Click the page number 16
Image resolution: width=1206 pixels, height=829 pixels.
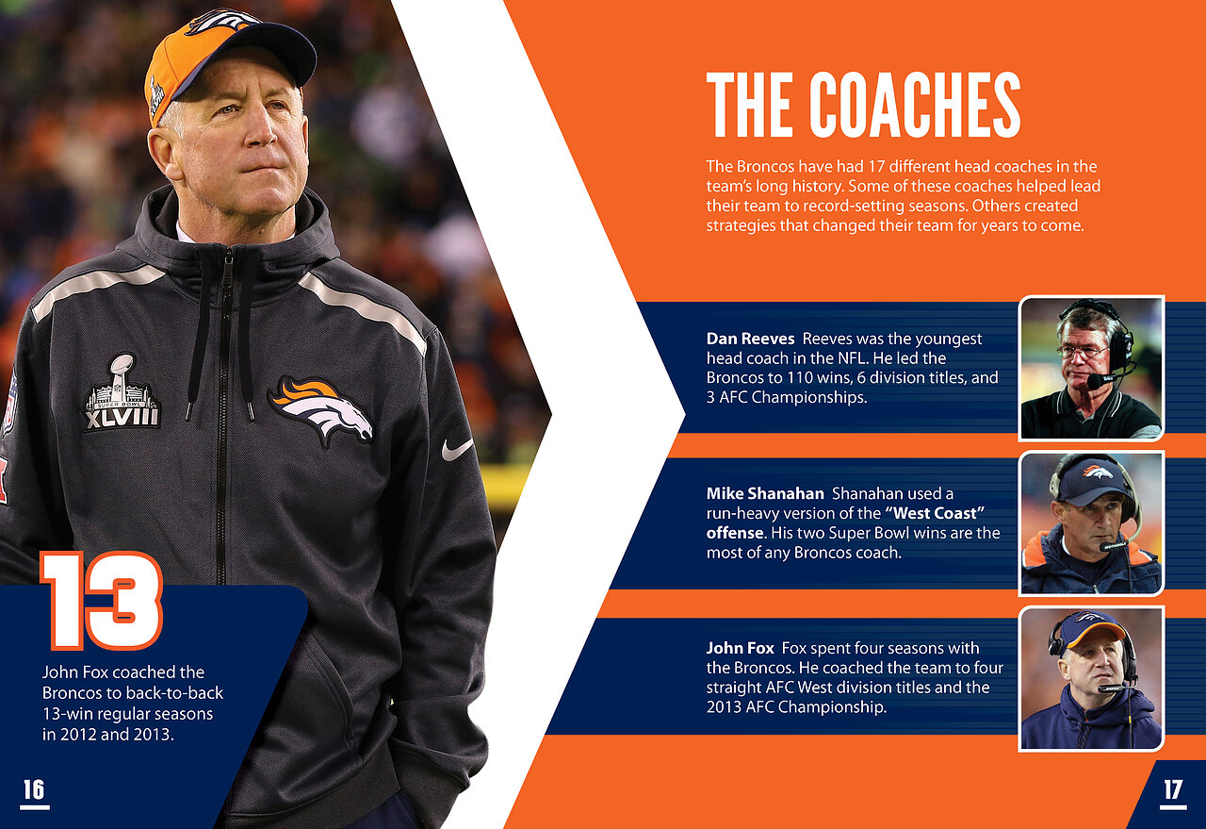point(34,789)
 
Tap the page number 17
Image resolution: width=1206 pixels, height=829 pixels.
point(1173,790)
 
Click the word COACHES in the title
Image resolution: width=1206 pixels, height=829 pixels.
point(915,105)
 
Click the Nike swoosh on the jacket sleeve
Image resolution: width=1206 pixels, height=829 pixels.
point(457,449)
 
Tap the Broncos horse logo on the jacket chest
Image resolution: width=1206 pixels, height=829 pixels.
point(321,410)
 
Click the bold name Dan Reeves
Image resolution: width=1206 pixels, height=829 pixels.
point(750,339)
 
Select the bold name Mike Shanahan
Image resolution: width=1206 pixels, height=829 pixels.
point(765,493)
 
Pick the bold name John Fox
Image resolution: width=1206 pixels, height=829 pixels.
point(740,648)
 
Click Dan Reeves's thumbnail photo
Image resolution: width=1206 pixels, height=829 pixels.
point(1091,368)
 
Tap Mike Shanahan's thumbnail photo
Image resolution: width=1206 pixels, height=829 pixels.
point(1091,523)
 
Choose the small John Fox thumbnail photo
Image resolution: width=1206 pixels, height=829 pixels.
point(1091,679)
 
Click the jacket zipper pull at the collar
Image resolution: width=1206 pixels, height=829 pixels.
point(229,258)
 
